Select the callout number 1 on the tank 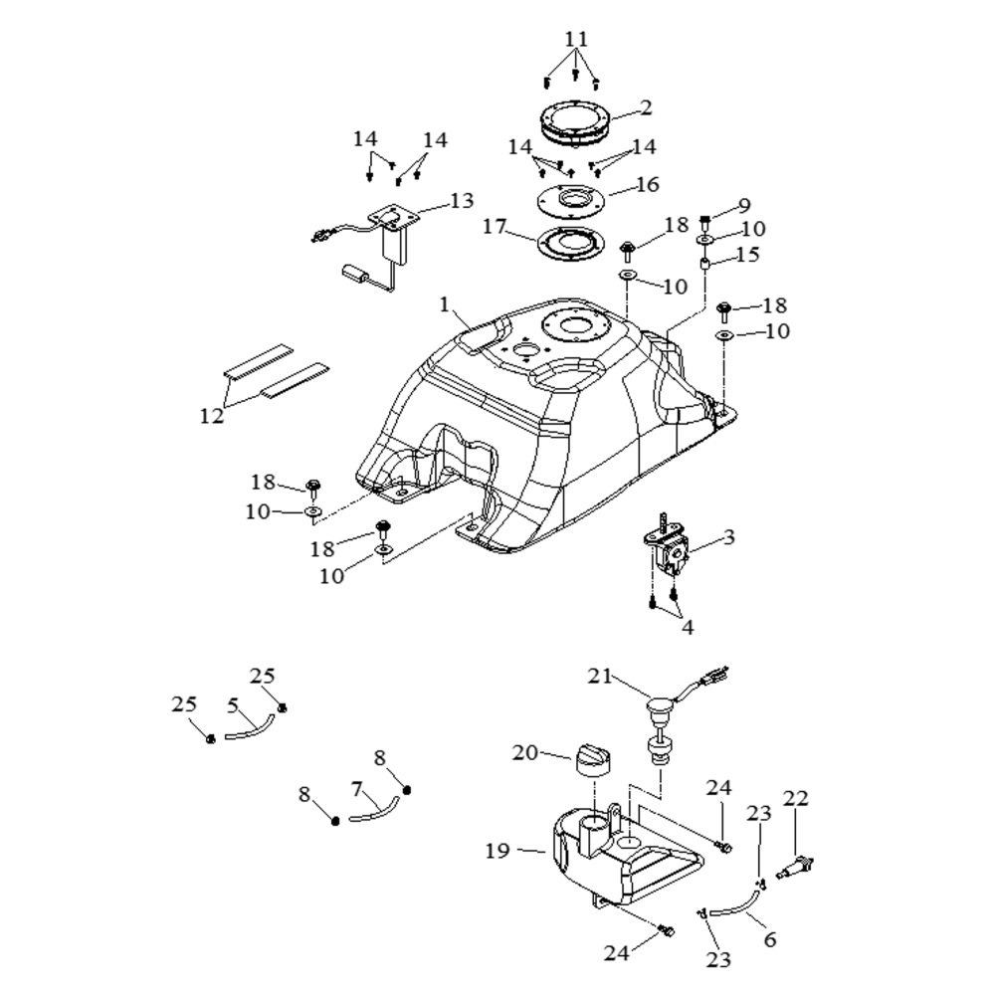coord(444,304)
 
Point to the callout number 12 coord(212,416)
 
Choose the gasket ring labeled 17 coord(569,242)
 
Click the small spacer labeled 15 coord(704,264)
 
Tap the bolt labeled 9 coord(705,222)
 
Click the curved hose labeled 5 coord(250,728)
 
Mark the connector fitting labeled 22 coord(795,867)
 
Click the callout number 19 coord(497,851)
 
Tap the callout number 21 coord(600,677)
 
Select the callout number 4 coord(688,627)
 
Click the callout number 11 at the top coord(576,40)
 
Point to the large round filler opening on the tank coord(576,327)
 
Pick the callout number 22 coord(796,798)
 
